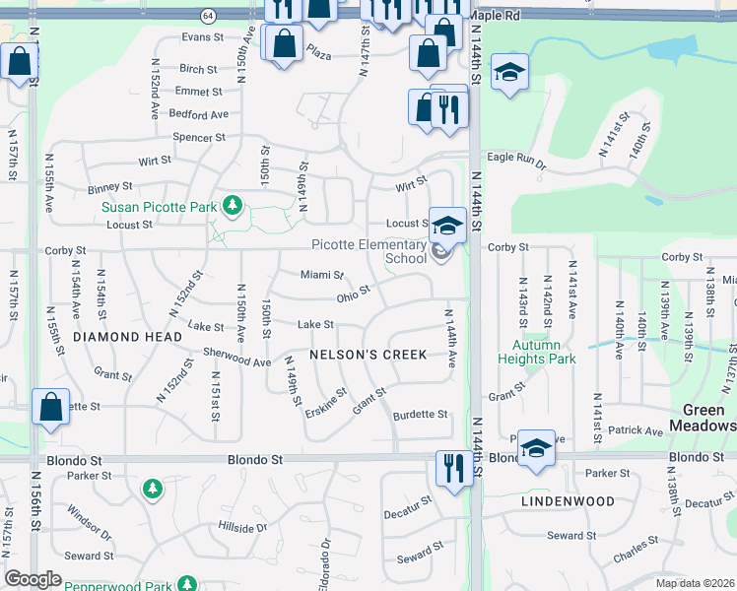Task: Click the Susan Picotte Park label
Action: [159, 207]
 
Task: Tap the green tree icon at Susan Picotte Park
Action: [232, 206]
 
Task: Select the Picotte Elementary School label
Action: [368, 251]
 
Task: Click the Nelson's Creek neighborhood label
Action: [368, 355]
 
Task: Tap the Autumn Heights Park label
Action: [536, 353]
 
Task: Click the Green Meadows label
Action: [703, 418]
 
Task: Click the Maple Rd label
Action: [495, 17]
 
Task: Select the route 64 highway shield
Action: [207, 16]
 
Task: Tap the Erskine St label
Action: [326, 404]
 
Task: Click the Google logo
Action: [33, 579]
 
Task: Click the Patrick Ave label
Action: [636, 430]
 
